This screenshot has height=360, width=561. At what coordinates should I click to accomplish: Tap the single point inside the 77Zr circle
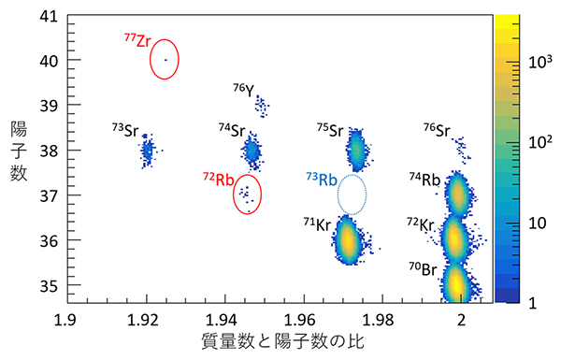coord(165,60)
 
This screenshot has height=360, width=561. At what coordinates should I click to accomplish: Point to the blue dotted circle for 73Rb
coord(352,194)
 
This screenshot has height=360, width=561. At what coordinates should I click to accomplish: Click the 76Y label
coord(242,90)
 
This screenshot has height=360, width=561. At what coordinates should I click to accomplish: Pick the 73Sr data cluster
coord(147,150)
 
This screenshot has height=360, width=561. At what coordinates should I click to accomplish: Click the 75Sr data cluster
coord(356,148)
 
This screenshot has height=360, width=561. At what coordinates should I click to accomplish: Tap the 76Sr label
coord(436,130)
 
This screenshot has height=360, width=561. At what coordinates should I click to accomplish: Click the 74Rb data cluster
coord(457,194)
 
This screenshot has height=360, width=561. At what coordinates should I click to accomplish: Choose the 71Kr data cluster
coord(348,240)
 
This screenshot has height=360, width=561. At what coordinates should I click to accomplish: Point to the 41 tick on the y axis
coord(44,16)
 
